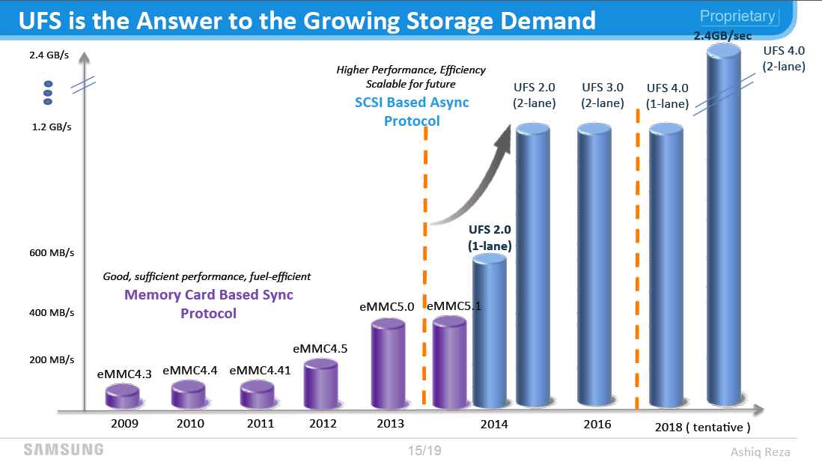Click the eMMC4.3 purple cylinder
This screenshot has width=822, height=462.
pyautogui.click(x=123, y=396)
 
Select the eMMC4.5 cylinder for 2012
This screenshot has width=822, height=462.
pyautogui.click(x=320, y=384)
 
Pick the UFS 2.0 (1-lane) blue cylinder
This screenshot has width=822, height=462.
pyautogui.click(x=490, y=332)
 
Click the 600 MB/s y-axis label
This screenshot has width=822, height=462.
pyautogui.click(x=52, y=253)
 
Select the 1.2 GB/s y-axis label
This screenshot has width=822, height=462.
pyautogui.click(x=52, y=127)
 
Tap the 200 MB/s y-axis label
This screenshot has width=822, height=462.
pyautogui.click(x=52, y=359)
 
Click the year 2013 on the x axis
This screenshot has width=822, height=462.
pyautogui.click(x=389, y=424)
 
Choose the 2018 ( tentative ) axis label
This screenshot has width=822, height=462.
pyautogui.click(x=702, y=428)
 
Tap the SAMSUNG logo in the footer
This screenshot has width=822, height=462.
pyautogui.click(x=64, y=449)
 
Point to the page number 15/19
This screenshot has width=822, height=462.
pyautogui.click(x=425, y=451)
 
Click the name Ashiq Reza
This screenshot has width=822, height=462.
pyautogui.click(x=760, y=452)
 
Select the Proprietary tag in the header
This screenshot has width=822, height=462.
pyautogui.click(x=737, y=16)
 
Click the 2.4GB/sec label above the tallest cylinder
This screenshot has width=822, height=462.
pyautogui.click(x=722, y=35)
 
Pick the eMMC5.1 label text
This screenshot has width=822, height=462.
pyautogui.click(x=454, y=306)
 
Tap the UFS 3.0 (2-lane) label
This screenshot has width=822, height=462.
pyautogui.click(x=603, y=95)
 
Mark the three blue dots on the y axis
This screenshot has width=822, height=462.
pyautogui.click(x=49, y=93)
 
